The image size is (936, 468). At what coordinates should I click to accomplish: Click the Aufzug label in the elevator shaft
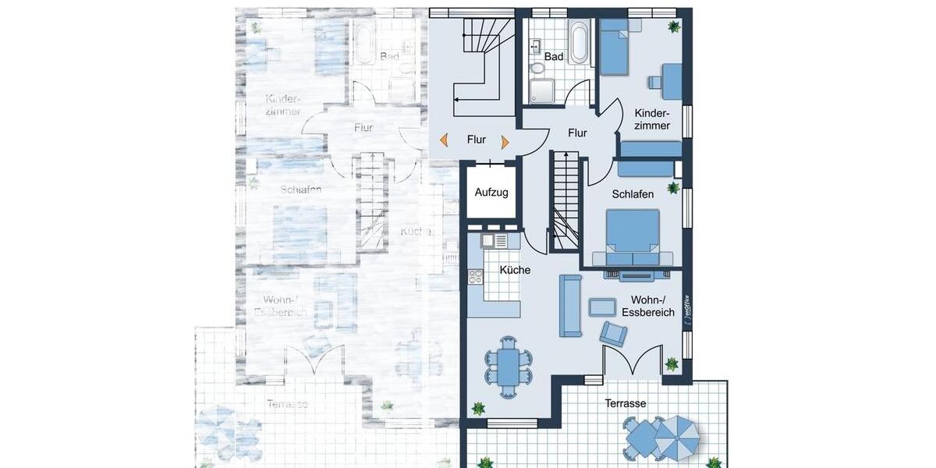click(x=491, y=192)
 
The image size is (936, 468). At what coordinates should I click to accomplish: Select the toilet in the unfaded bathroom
click(x=538, y=69)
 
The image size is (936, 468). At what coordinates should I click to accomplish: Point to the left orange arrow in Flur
click(x=444, y=140)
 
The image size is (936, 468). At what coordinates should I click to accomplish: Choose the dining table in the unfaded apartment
click(x=509, y=365)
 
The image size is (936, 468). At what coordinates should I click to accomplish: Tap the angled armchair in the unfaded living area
click(x=613, y=334)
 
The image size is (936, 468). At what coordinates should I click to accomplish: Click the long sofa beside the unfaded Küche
click(x=569, y=305)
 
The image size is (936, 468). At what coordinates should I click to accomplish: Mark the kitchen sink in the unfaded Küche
click(x=490, y=241)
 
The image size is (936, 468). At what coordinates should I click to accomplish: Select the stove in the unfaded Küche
click(x=474, y=275)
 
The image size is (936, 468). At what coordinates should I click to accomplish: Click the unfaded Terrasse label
click(x=626, y=403)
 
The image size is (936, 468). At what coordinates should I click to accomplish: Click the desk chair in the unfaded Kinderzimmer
click(x=654, y=80)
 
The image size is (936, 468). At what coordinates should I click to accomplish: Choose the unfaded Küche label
click(x=515, y=270)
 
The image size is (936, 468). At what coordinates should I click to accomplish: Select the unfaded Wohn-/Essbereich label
click(x=647, y=307)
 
